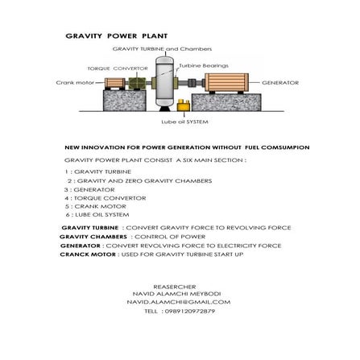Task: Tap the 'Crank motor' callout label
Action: pos(69,82)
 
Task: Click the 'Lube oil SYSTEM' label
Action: pos(184,122)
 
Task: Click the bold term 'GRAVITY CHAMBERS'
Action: pos(93,237)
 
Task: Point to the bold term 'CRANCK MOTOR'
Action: pos(86,254)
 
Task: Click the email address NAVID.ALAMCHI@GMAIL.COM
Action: pos(178,301)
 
